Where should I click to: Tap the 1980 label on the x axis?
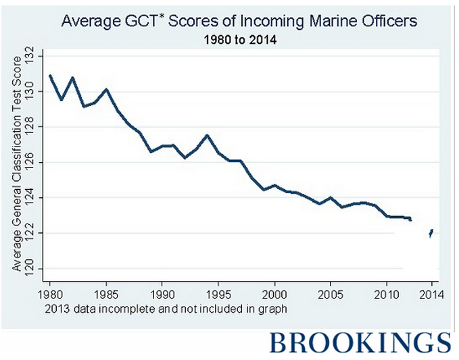pos(51,294)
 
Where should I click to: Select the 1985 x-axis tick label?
pos(106,294)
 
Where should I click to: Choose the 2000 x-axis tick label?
pos(274,294)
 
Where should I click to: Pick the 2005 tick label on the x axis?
pos(330,294)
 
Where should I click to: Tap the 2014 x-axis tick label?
pos(431,294)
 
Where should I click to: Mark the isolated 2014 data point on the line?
pos(431,233)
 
